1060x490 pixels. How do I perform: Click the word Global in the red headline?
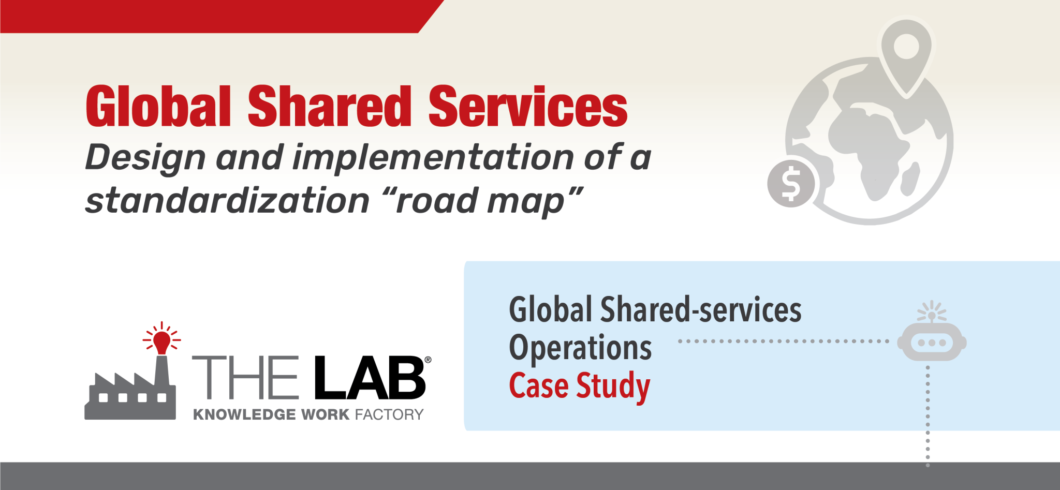pyautogui.click(x=158, y=107)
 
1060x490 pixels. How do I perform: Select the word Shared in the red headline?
pyautogui.click(x=329, y=107)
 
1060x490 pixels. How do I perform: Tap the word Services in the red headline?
pyautogui.click(x=527, y=107)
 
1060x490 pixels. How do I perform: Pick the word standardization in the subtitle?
pyautogui.click(x=227, y=201)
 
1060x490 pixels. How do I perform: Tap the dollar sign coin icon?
pyautogui.click(x=791, y=183)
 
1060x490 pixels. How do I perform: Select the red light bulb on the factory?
pyautogui.click(x=162, y=340)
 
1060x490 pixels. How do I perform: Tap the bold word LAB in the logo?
pyautogui.click(x=370, y=378)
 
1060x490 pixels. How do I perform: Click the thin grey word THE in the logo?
pyautogui.click(x=245, y=378)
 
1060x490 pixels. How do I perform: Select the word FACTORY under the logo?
pyautogui.click(x=389, y=414)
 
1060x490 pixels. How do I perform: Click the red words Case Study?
pyautogui.click(x=580, y=386)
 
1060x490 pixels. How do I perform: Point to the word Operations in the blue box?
pyautogui.click(x=580, y=348)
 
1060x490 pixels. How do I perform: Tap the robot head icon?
pyautogui.click(x=932, y=341)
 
